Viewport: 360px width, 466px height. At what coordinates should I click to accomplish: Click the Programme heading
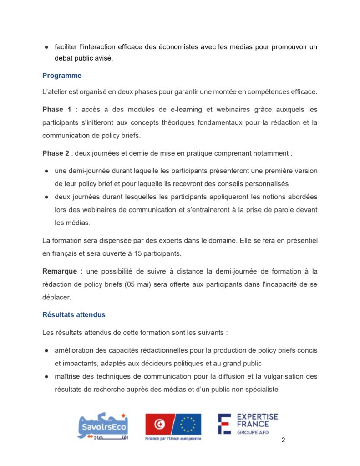(x=62, y=76)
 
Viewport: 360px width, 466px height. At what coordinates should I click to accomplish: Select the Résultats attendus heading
(x=74, y=314)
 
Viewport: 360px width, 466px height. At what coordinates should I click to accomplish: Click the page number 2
(x=284, y=440)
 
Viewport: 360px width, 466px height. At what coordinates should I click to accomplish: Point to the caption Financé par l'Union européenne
(x=173, y=439)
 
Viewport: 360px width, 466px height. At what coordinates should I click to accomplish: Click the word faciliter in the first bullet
(x=66, y=47)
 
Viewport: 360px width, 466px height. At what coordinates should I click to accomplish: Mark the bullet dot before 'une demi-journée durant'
(x=47, y=171)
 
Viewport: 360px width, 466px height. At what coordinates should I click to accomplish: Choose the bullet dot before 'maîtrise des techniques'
(x=47, y=377)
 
